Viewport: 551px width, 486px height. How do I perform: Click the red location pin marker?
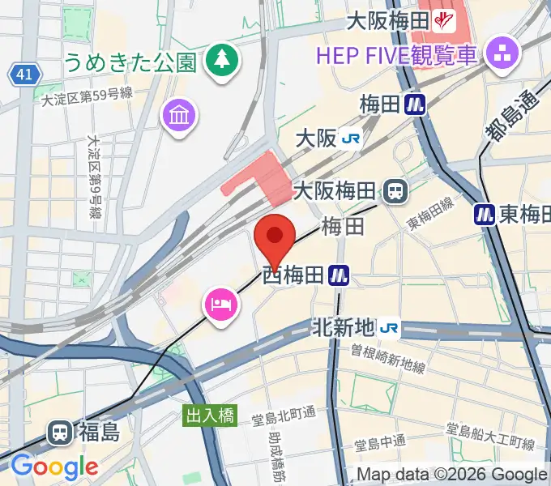click(275, 237)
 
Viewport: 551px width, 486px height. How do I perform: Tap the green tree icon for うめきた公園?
click(220, 60)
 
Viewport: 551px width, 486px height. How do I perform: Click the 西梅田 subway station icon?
click(339, 277)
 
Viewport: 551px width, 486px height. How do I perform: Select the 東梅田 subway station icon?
click(484, 214)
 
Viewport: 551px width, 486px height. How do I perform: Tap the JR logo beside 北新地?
click(390, 327)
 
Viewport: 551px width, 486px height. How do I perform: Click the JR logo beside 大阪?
click(351, 139)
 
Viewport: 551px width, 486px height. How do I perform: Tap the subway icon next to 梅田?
click(416, 104)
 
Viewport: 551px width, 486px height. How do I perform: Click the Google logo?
click(54, 467)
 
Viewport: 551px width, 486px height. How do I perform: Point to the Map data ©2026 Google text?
click(452, 475)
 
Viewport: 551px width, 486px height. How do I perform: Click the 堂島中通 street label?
click(380, 444)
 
